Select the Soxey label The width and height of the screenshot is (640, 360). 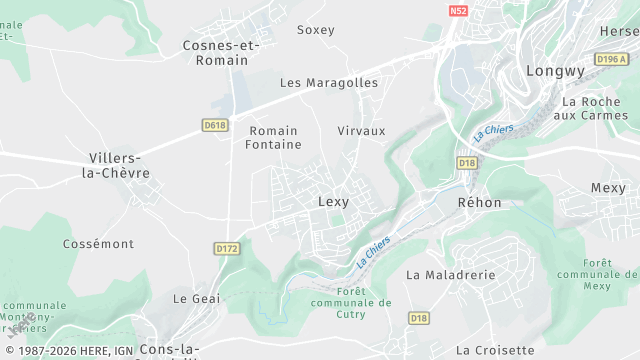click(x=316, y=30)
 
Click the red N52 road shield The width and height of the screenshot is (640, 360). click(x=458, y=12)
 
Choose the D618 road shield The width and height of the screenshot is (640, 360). click(x=215, y=125)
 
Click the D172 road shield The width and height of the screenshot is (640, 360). click(x=227, y=247)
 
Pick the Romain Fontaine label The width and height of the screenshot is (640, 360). click(x=274, y=138)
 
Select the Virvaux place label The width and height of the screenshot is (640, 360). click(x=361, y=131)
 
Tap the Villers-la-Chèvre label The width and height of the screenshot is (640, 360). click(x=119, y=166)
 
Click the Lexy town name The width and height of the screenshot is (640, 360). click(x=333, y=202)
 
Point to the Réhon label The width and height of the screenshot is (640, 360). click(x=479, y=202)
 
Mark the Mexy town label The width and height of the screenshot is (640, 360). click(x=608, y=188)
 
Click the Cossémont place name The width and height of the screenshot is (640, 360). click(x=98, y=244)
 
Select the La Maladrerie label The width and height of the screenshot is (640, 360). click(x=450, y=274)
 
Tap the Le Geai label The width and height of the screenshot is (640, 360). click(x=196, y=298)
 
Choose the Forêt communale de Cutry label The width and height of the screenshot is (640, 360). click(x=351, y=302)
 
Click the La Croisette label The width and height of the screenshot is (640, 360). click(x=495, y=350)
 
